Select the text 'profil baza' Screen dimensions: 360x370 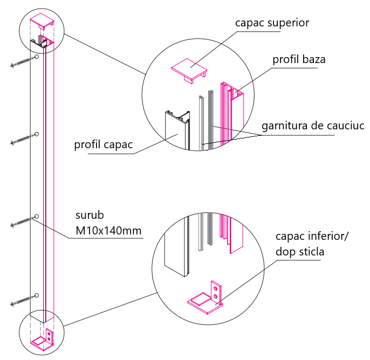point(299,60)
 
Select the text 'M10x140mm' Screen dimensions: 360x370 point(108,232)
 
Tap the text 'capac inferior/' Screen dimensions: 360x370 point(312,237)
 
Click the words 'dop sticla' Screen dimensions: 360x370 point(299,252)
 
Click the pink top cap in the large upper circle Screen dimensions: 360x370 point(189,69)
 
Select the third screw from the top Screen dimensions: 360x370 point(22,222)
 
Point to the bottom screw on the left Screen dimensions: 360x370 point(22,301)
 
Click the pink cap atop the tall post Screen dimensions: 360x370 point(43,22)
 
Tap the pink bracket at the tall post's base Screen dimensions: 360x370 point(43,340)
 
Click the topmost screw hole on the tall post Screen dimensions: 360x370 point(36,57)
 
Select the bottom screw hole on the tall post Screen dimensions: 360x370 point(36,295)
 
